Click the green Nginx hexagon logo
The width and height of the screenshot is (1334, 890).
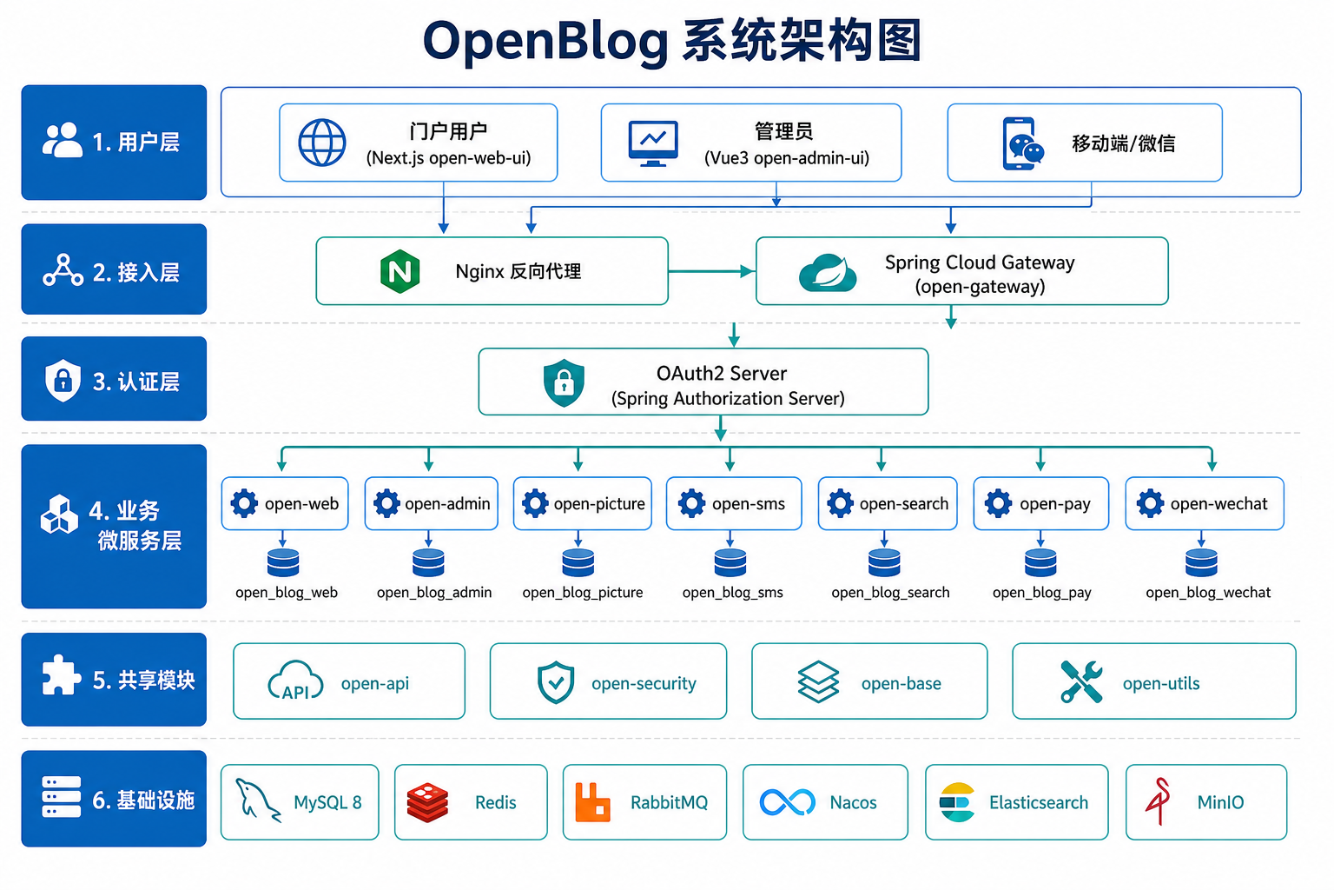click(x=400, y=271)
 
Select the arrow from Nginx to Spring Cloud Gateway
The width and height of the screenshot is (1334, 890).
click(x=711, y=271)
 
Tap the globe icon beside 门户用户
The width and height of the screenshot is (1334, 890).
click(x=321, y=143)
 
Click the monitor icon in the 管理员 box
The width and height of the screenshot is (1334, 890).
click(x=653, y=143)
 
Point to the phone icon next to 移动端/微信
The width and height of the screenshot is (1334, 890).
click(x=1022, y=143)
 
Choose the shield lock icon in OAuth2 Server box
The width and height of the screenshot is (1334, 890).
click(x=564, y=382)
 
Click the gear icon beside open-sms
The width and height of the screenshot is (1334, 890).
click(x=691, y=503)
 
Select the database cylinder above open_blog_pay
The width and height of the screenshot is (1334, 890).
click(x=1040, y=562)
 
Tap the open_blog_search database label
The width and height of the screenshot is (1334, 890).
click(x=890, y=592)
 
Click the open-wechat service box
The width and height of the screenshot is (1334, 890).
click(x=1205, y=503)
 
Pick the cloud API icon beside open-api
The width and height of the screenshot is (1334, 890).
click(x=295, y=681)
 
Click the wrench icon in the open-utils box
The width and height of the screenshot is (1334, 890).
click(x=1081, y=681)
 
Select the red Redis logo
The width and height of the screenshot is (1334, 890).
click(x=427, y=802)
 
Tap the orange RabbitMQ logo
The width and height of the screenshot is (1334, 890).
click(x=592, y=802)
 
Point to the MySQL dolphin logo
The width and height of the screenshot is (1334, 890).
click(x=257, y=800)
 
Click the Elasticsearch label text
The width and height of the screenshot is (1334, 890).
click(x=1039, y=802)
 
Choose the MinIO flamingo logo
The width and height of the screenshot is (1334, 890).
click(x=1159, y=801)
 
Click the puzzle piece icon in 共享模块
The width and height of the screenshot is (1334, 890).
click(x=62, y=675)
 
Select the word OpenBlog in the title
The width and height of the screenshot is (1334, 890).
click(x=545, y=42)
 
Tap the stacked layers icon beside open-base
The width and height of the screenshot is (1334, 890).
click(x=818, y=681)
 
